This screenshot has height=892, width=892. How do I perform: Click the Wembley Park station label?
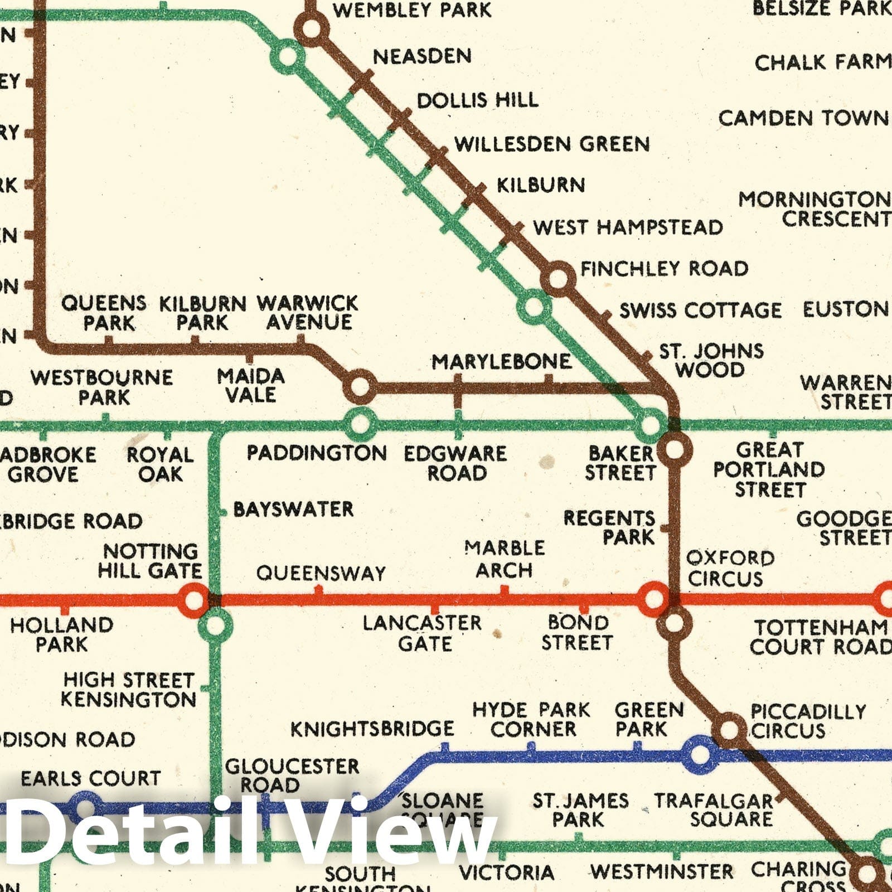click(412, 10)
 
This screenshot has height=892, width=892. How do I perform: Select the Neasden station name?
click(422, 56)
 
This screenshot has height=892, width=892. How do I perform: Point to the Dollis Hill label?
click(478, 100)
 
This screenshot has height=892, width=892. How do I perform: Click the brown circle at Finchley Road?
click(558, 278)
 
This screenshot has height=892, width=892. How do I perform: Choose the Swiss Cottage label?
click(700, 311)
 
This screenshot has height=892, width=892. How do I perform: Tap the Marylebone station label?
click(501, 362)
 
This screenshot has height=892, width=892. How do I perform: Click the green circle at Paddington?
click(360, 424)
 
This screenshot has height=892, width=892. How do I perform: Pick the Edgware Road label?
click(455, 463)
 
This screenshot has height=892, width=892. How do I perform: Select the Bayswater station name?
click(293, 509)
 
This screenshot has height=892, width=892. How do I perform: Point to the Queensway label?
click(321, 573)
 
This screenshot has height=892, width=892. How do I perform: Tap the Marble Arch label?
click(505, 559)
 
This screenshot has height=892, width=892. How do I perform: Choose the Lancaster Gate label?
click(423, 633)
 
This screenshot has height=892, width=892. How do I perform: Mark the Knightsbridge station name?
click(372, 728)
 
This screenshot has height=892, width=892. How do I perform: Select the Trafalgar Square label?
click(714, 810)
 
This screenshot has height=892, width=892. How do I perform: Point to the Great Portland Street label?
click(769, 469)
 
